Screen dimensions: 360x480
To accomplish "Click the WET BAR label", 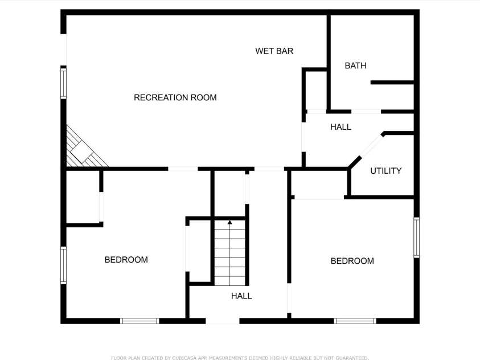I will (274, 51).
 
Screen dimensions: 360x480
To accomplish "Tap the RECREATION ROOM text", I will (175, 97).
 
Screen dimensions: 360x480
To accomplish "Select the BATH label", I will (355, 66).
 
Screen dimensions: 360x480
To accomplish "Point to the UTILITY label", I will (385, 171).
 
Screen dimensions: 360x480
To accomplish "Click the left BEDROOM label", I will (126, 260).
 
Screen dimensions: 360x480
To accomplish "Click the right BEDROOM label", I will (352, 261).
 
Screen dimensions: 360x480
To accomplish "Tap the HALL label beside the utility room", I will (340, 127).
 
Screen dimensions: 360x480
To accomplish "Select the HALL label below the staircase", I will (241, 296).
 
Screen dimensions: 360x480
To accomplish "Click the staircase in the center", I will (230, 253).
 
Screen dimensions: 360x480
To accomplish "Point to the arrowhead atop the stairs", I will (230, 222).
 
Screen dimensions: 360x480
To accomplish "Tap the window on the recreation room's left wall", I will (64, 83).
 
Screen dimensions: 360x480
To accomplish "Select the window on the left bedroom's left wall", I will (63, 265).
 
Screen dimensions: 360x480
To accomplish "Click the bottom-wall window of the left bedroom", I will (140, 321).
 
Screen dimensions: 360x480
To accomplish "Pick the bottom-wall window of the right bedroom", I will (355, 321).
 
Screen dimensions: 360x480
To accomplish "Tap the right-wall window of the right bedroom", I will (416, 237).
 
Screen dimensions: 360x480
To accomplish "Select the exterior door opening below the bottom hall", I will (222, 321).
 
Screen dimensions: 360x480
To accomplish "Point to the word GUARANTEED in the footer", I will (349, 358).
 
